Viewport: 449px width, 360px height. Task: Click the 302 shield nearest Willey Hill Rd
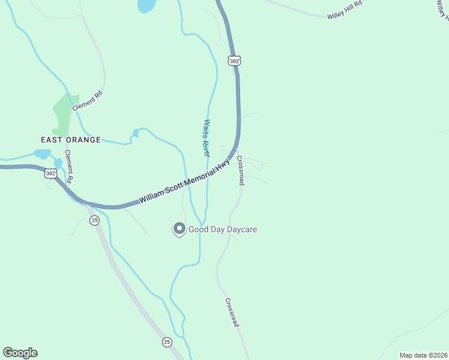[x=234, y=61]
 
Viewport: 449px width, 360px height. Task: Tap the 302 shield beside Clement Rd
[x=50, y=173]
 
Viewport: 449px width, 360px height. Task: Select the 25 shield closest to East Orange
[x=95, y=221]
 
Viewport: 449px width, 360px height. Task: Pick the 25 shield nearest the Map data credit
[x=166, y=342]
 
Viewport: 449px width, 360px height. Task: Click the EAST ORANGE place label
[x=62, y=139]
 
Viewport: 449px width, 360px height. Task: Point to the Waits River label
[x=206, y=138]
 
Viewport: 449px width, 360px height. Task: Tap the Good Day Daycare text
[x=223, y=229]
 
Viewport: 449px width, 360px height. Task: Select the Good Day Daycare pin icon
[x=179, y=229]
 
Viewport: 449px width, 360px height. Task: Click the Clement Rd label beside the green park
[x=87, y=100]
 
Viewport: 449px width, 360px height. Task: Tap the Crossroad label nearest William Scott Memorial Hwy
[x=240, y=170]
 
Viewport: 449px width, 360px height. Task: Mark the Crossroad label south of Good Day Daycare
[x=232, y=312]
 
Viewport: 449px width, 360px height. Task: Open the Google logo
[x=20, y=353]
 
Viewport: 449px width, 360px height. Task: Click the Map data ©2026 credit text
[x=423, y=355]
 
